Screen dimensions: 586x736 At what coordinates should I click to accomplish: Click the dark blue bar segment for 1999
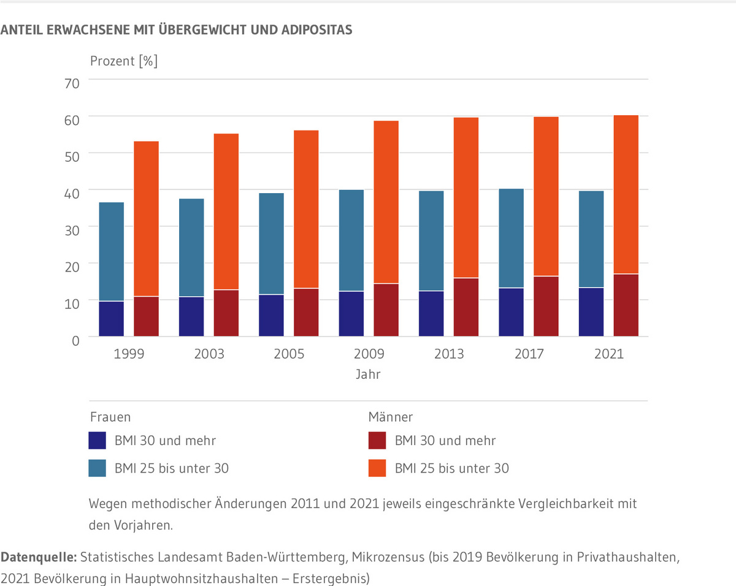coord(112,319)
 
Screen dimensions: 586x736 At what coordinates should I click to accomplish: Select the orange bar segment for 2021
coord(626,194)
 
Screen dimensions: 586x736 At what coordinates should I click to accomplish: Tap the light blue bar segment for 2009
coord(351,240)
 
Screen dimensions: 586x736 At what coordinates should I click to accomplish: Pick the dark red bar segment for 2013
coord(466,307)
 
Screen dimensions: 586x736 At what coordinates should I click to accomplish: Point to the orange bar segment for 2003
coord(226,211)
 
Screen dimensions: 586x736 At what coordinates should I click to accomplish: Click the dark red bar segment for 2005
coord(305,312)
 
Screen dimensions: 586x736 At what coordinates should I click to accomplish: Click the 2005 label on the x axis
coord(288,354)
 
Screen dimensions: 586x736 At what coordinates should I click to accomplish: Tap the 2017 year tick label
coord(528,354)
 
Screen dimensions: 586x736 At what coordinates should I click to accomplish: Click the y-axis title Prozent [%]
coord(124,61)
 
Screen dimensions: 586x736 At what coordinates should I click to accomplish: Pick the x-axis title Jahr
coord(368,374)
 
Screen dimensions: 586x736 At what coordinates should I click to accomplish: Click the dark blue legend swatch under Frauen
coord(98,441)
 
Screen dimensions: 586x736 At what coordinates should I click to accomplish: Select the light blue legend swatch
coord(98,469)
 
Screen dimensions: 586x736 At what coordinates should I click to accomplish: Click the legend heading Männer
coord(390,417)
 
